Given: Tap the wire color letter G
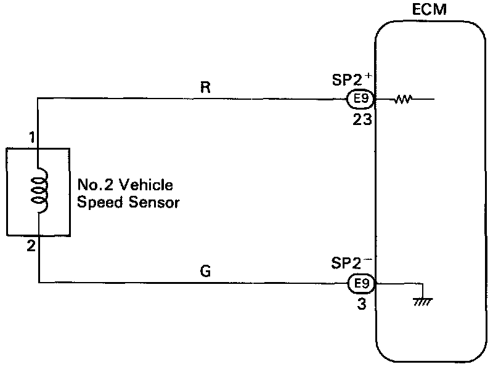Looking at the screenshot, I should tap(206, 272).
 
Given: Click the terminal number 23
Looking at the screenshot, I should tap(362, 119).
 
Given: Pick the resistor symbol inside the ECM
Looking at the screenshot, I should tap(404, 99).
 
